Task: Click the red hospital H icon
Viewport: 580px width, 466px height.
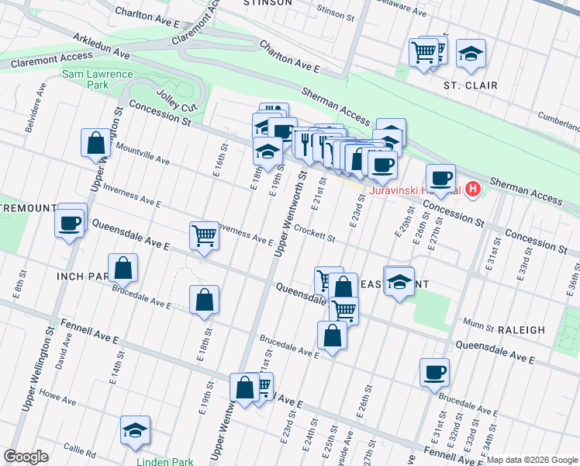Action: click(x=473, y=190)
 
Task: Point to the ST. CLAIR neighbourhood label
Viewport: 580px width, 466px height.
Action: click(x=470, y=85)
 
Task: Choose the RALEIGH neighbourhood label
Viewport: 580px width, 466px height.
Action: click(x=523, y=330)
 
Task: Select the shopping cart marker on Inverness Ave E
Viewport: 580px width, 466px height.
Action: click(x=204, y=235)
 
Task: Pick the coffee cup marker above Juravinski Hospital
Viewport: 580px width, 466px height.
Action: click(x=440, y=177)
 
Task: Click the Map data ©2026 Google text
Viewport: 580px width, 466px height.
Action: click(x=533, y=460)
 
